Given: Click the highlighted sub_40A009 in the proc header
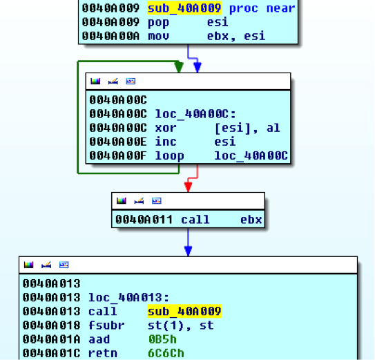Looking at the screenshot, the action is click(184, 8).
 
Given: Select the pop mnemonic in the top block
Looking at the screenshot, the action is click(158, 23).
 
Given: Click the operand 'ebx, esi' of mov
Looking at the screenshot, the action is click(236, 36).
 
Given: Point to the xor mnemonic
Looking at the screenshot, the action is click(166, 128).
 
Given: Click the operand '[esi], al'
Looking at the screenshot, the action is click(247, 128).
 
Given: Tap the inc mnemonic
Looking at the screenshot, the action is click(166, 142).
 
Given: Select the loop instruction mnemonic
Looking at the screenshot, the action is click(170, 156).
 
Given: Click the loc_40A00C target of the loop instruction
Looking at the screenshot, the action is click(251, 156).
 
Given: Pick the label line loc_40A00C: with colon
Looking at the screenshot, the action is click(195, 114).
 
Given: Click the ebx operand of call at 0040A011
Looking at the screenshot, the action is click(251, 220).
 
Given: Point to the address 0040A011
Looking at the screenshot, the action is click(144, 220).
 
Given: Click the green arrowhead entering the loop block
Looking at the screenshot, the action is click(179, 67).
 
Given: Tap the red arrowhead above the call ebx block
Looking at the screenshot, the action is click(189, 187).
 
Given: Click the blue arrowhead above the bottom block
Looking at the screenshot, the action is click(189, 251).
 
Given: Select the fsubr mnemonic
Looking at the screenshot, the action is click(106, 325).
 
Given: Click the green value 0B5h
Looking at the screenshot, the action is click(162, 339).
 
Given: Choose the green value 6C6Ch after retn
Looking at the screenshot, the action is click(166, 353).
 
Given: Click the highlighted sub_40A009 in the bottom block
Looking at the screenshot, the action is click(184, 312).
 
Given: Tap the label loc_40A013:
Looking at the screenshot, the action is click(128, 298).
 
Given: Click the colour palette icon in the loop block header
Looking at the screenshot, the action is click(95, 81).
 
